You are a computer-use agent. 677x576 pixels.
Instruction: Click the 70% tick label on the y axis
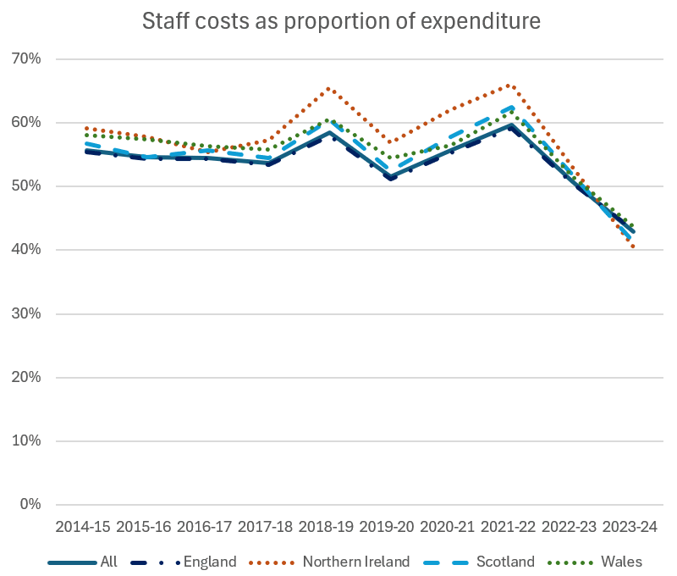[x=25, y=58]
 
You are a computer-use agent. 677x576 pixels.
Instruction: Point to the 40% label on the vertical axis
[x=25, y=250]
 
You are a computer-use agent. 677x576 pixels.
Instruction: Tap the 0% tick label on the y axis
[x=29, y=505]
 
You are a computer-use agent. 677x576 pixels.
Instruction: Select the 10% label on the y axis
[x=25, y=441]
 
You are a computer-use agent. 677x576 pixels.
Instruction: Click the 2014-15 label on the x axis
[x=83, y=527]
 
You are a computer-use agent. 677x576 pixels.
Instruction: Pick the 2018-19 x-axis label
[x=327, y=527]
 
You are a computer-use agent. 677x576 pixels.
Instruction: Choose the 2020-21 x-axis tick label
[x=448, y=527]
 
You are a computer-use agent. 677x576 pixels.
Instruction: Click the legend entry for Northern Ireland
[x=355, y=562]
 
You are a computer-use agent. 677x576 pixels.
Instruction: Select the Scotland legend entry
[x=505, y=562]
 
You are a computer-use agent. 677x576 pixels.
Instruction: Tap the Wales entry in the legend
[x=621, y=562]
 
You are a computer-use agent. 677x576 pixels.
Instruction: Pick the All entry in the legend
[x=108, y=562]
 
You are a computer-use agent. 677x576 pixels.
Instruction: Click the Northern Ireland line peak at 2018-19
[x=328, y=88]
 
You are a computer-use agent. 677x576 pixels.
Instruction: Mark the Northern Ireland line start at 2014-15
[x=85, y=128]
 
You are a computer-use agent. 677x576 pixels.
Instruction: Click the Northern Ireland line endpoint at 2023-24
[x=633, y=246]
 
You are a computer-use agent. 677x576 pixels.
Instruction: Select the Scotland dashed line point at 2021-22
[x=509, y=108]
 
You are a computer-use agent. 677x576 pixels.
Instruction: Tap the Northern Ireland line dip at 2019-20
[x=388, y=142]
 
